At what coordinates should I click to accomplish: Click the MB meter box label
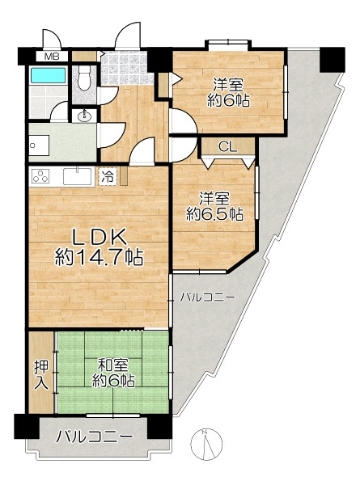point(52,57)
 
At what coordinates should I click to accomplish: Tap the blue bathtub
point(49,75)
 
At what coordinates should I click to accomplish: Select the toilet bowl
point(83,78)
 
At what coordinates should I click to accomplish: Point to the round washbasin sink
point(83,116)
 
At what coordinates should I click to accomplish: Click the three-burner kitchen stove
point(40,177)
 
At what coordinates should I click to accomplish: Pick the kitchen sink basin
point(78,176)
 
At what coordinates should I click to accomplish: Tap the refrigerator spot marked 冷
point(108,176)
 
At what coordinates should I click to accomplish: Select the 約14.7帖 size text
point(100,258)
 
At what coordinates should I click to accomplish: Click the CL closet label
point(228,147)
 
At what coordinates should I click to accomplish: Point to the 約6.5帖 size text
point(214,214)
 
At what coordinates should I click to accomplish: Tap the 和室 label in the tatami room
point(112,365)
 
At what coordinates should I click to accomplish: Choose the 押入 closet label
point(41,375)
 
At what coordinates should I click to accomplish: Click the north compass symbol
point(206,444)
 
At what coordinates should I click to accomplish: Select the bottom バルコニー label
point(94,437)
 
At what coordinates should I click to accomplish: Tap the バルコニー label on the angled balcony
point(208,297)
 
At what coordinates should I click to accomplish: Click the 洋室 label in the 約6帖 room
point(229,84)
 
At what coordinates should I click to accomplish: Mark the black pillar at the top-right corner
point(332,60)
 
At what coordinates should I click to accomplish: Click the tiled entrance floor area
point(127,68)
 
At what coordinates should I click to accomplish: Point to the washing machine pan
point(40,145)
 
